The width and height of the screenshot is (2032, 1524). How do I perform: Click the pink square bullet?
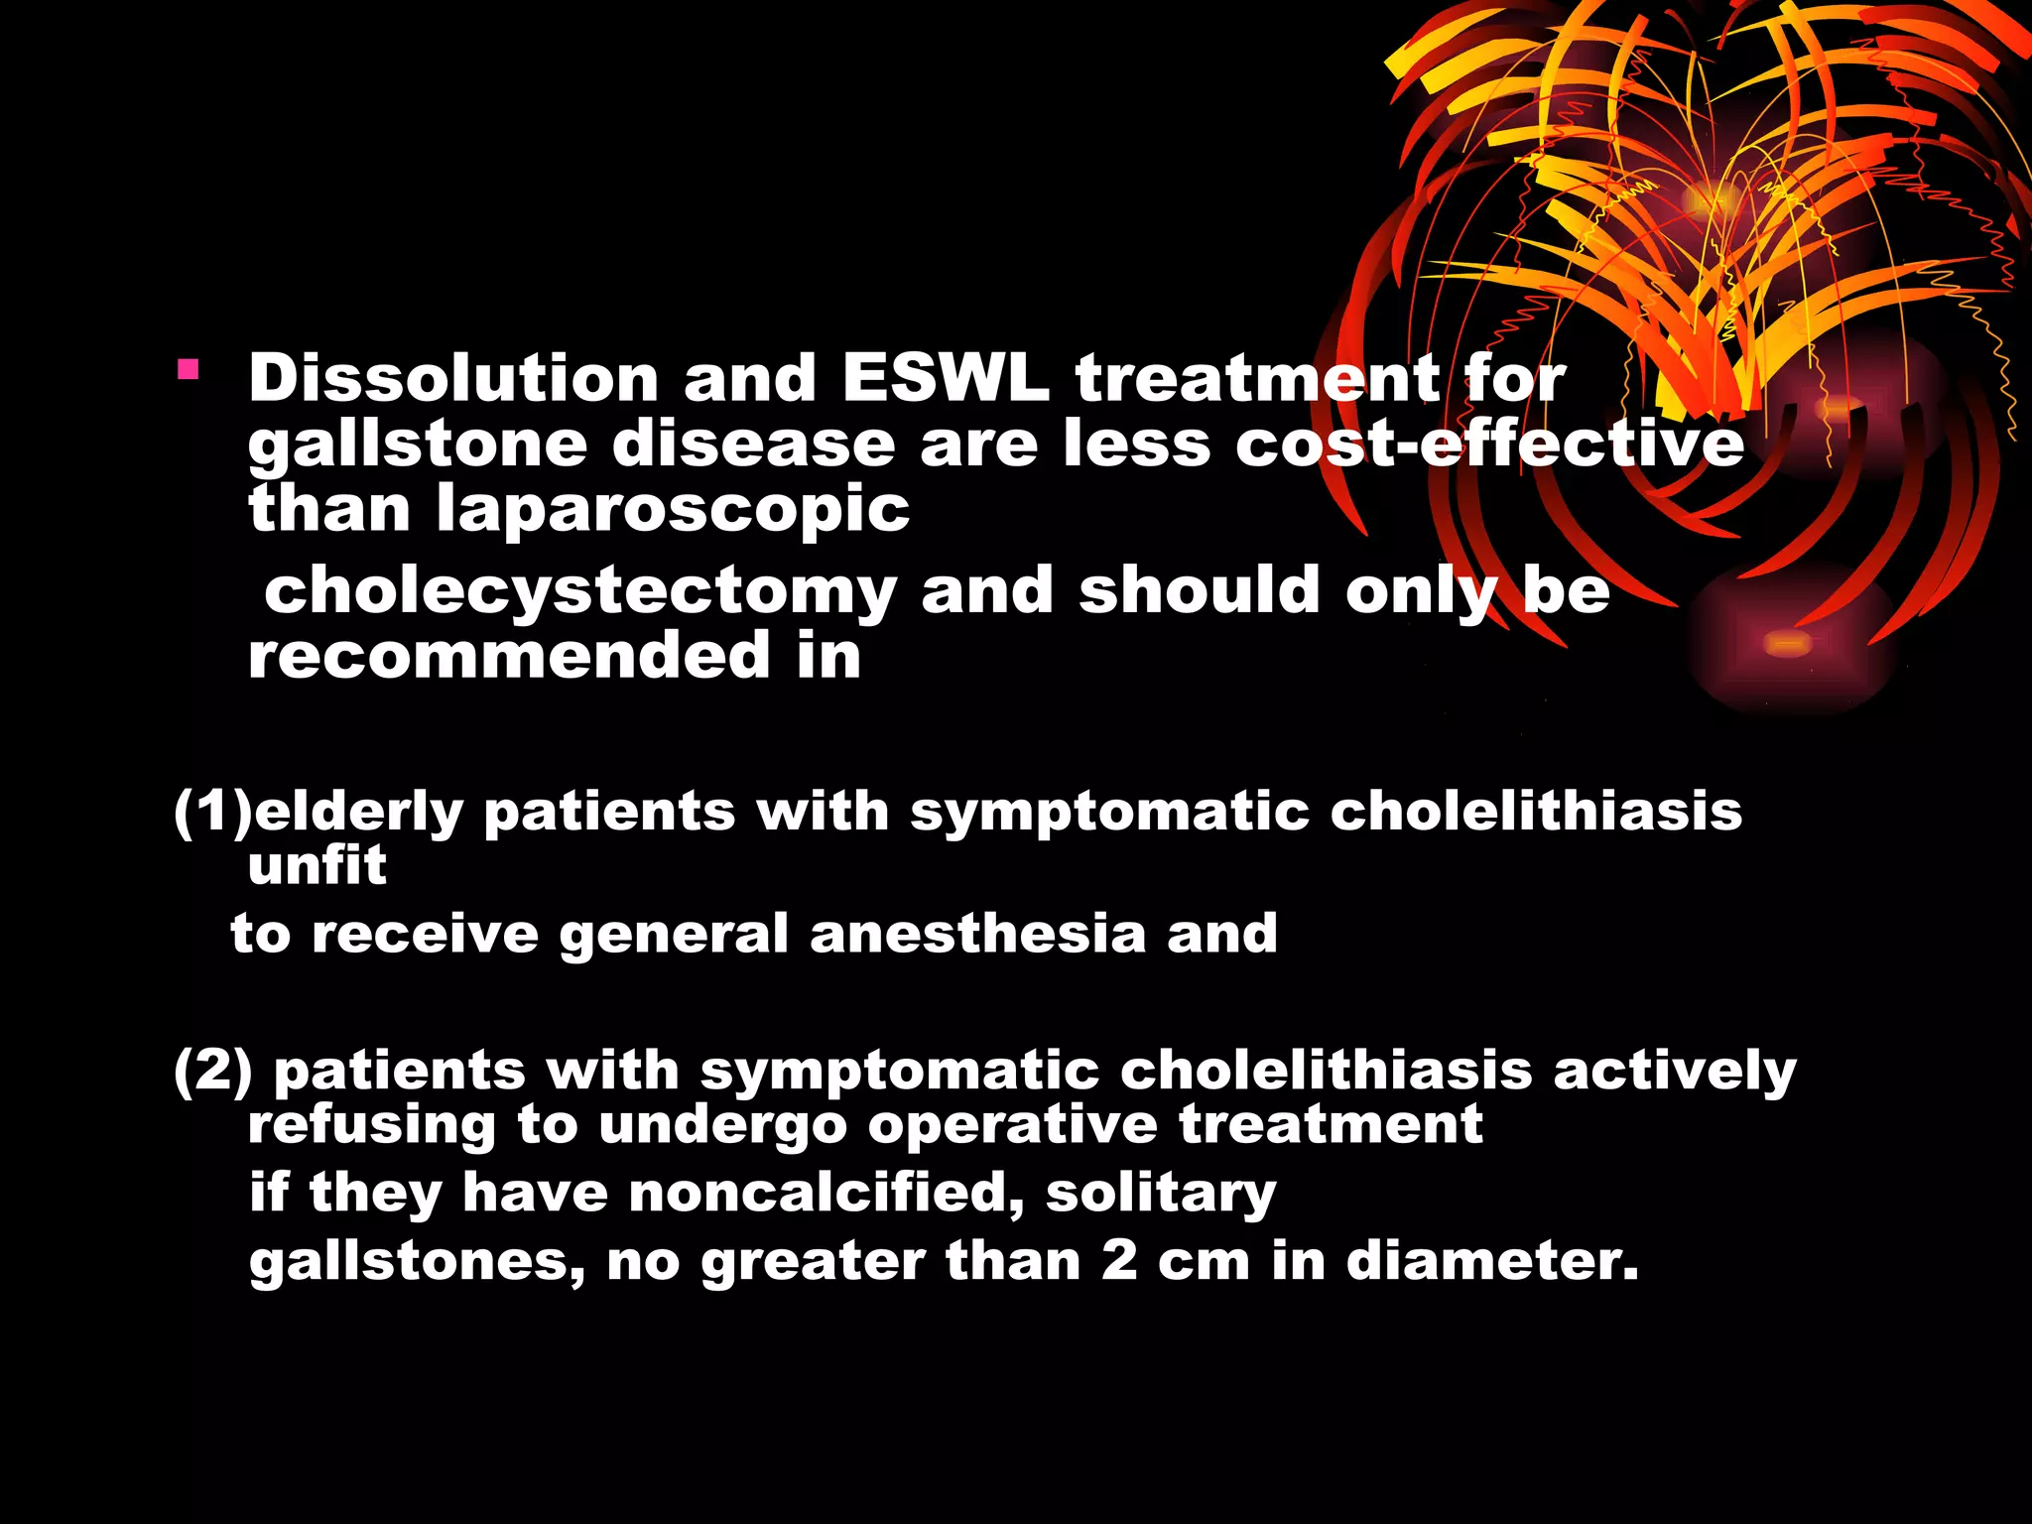click(x=189, y=372)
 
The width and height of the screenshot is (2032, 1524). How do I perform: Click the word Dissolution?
click(x=453, y=379)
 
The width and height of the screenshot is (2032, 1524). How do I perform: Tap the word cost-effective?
click(x=1489, y=444)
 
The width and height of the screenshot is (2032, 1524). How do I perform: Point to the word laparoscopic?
click(x=673, y=509)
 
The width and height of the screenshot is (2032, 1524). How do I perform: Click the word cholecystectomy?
click(x=580, y=591)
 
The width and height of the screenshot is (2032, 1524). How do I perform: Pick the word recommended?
click(x=509, y=656)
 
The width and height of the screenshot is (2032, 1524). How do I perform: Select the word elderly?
click(x=359, y=813)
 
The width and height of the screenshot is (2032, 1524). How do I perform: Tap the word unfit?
click(x=317, y=866)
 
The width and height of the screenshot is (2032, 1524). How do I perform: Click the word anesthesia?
click(x=976, y=935)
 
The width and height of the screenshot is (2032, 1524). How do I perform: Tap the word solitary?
click(x=1161, y=1193)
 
